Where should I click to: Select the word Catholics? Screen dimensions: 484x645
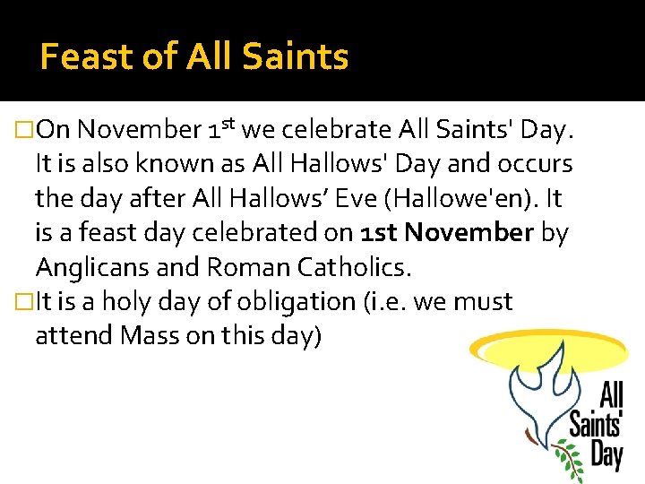point(357,268)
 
